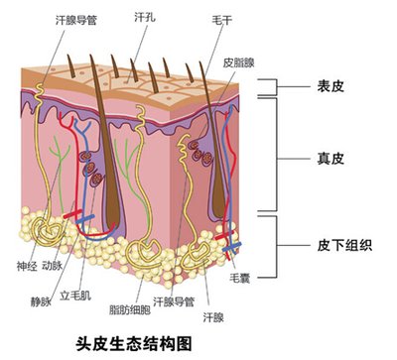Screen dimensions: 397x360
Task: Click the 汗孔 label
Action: pos(143,17)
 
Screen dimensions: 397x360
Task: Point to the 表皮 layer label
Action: pos(329,87)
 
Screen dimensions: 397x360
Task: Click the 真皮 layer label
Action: pos(329,158)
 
